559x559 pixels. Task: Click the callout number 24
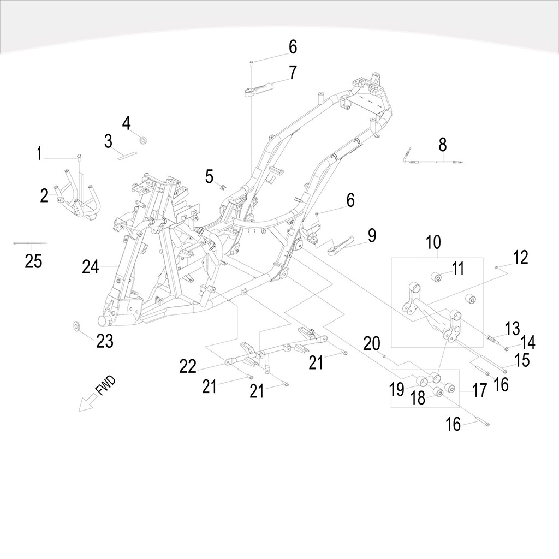coord(90,267)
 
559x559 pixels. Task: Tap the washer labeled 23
coord(75,326)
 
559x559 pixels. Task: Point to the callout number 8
coord(442,145)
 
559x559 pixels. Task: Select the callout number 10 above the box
coord(437,242)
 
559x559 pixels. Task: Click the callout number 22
coord(188,367)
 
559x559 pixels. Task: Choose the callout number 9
coord(372,235)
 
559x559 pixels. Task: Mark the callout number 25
coord(33,261)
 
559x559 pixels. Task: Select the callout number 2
coord(45,196)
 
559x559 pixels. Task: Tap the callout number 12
coord(521,258)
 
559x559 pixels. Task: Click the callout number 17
coord(479,391)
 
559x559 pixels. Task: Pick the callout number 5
coord(209,176)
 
